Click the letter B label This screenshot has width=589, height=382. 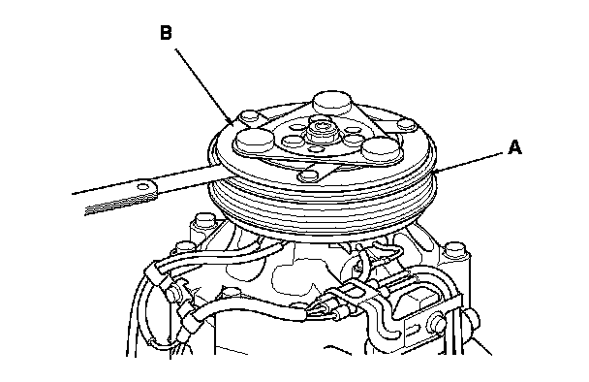[166, 32]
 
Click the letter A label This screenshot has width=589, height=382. [514, 147]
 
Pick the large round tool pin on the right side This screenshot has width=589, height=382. [382, 147]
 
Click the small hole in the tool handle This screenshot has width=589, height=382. [143, 186]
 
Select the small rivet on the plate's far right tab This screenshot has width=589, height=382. [406, 123]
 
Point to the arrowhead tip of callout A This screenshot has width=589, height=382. [433, 172]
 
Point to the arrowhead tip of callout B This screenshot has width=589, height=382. [233, 124]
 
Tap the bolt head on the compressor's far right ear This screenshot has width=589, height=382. [454, 248]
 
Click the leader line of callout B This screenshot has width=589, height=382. [204, 86]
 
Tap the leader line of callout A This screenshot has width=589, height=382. [468, 162]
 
